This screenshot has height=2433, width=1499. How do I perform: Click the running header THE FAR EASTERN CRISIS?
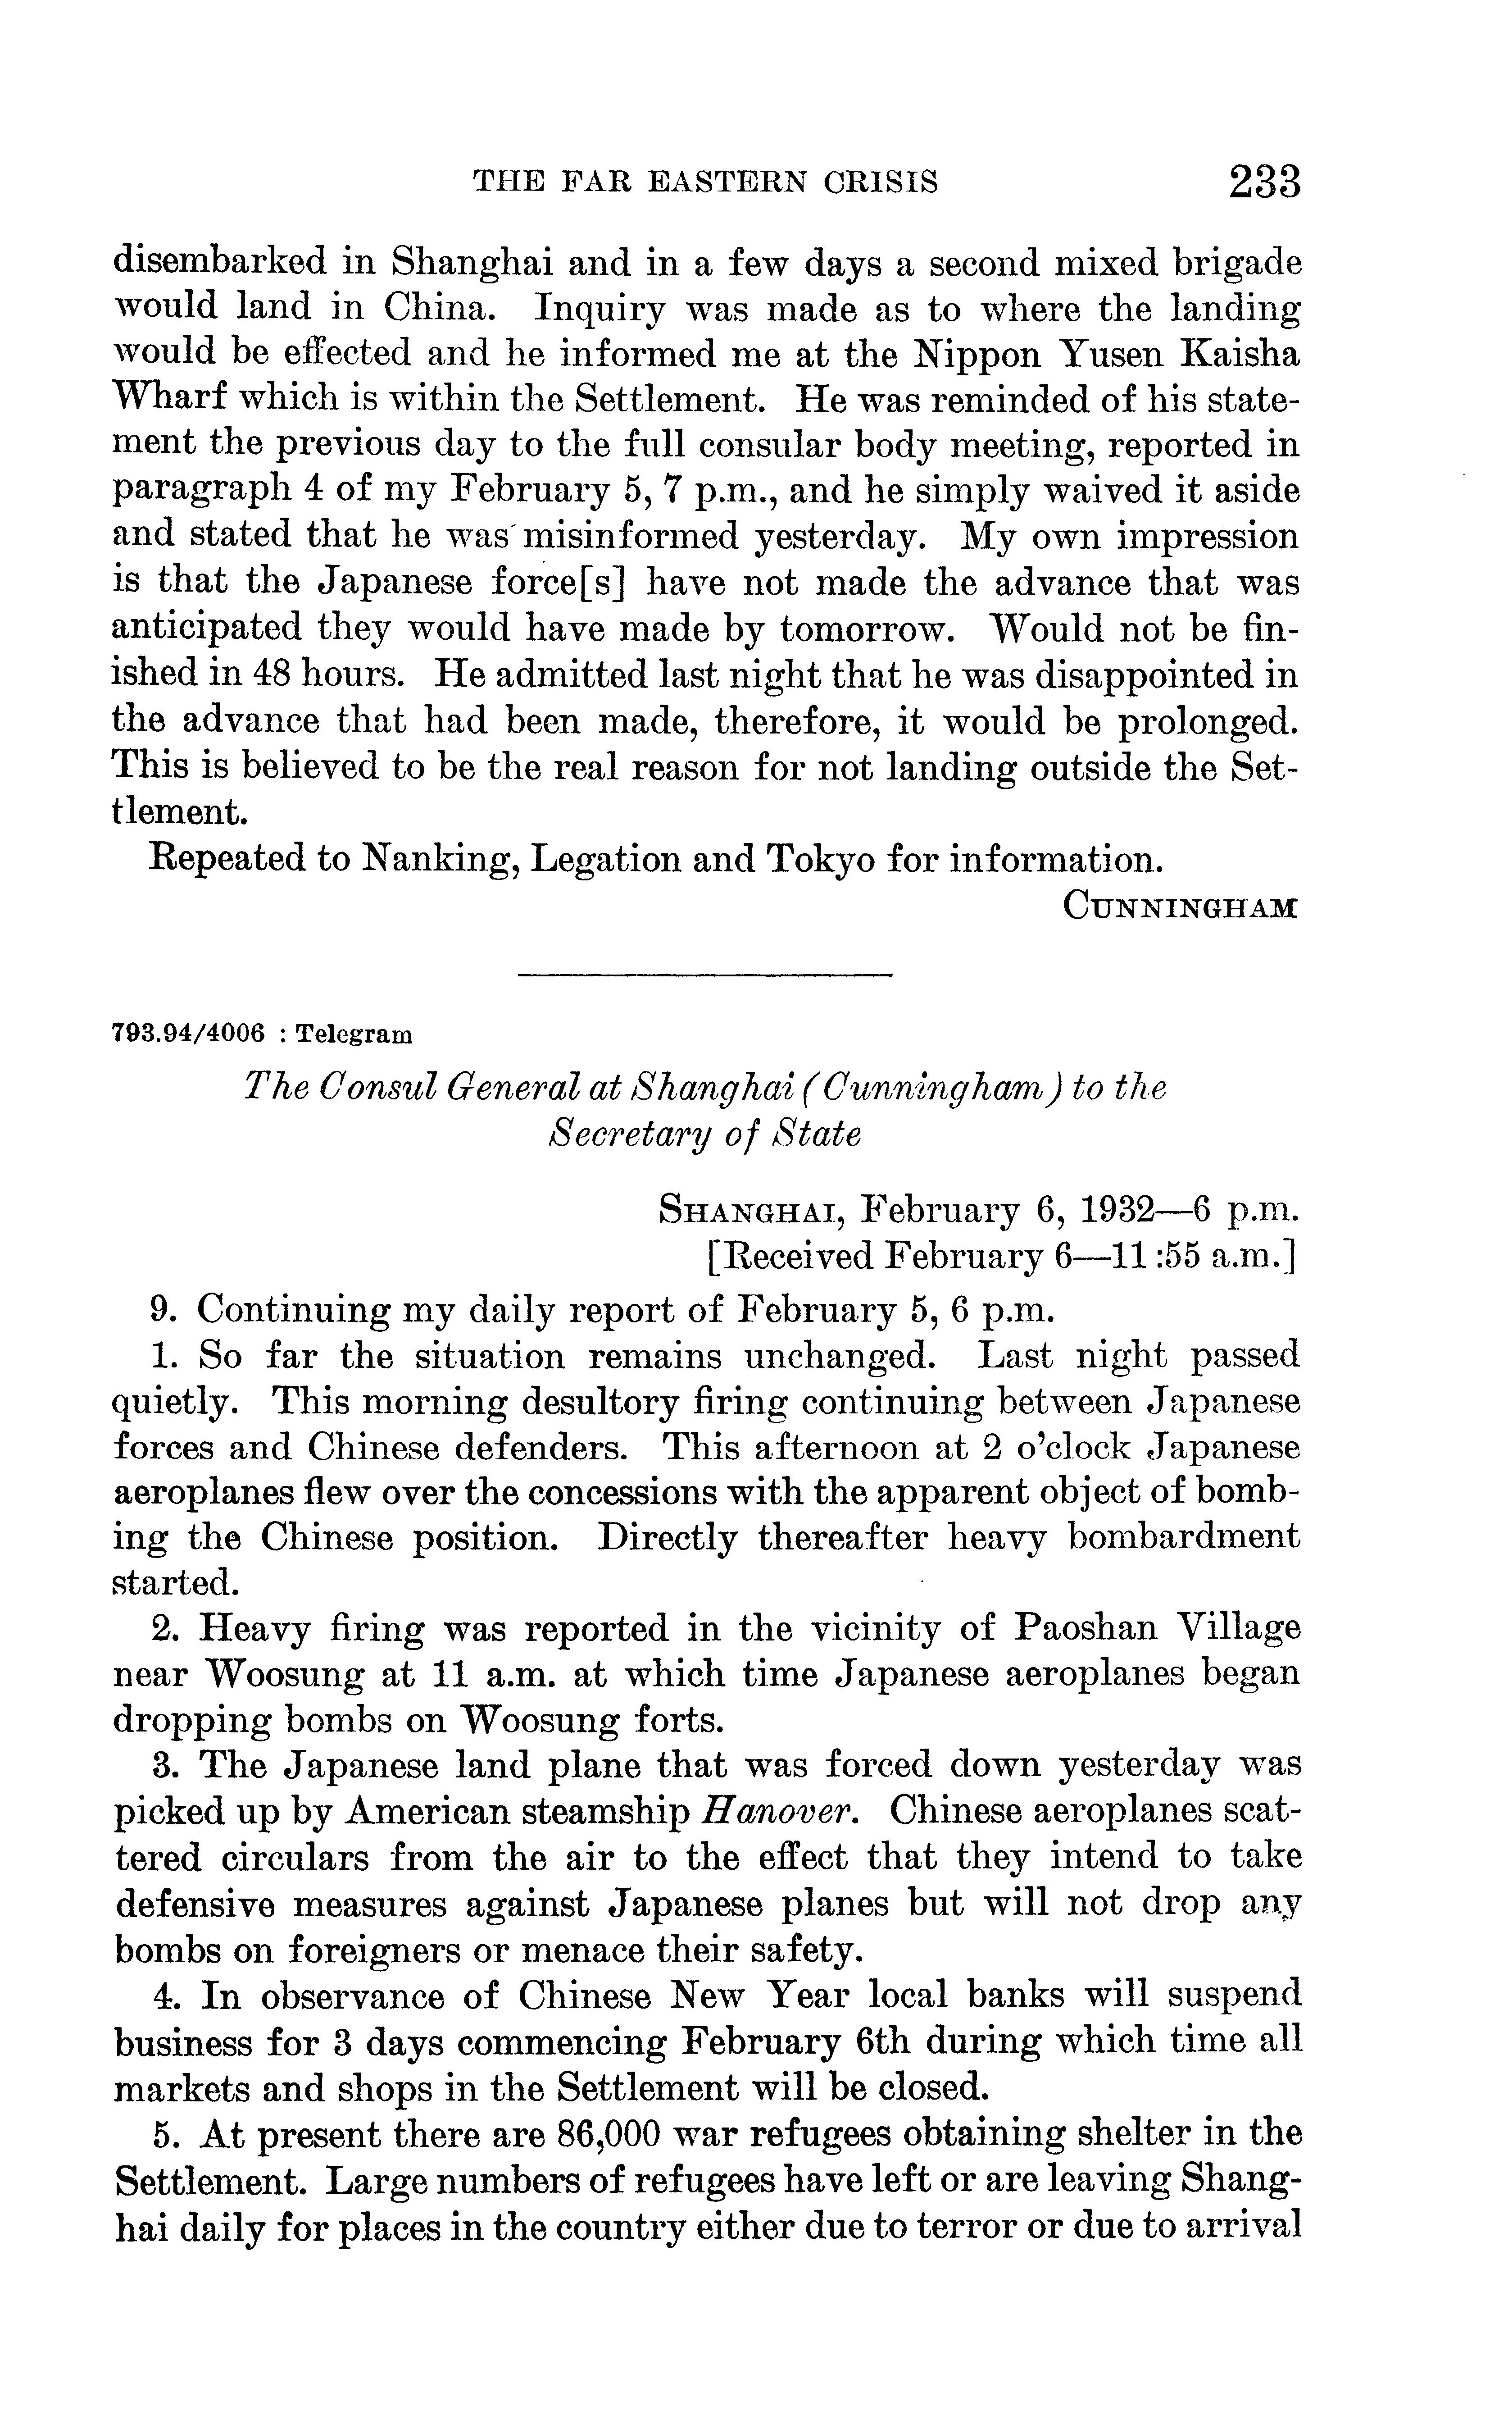coord(705,182)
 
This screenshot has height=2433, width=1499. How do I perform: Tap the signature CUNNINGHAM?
coord(1179,906)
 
